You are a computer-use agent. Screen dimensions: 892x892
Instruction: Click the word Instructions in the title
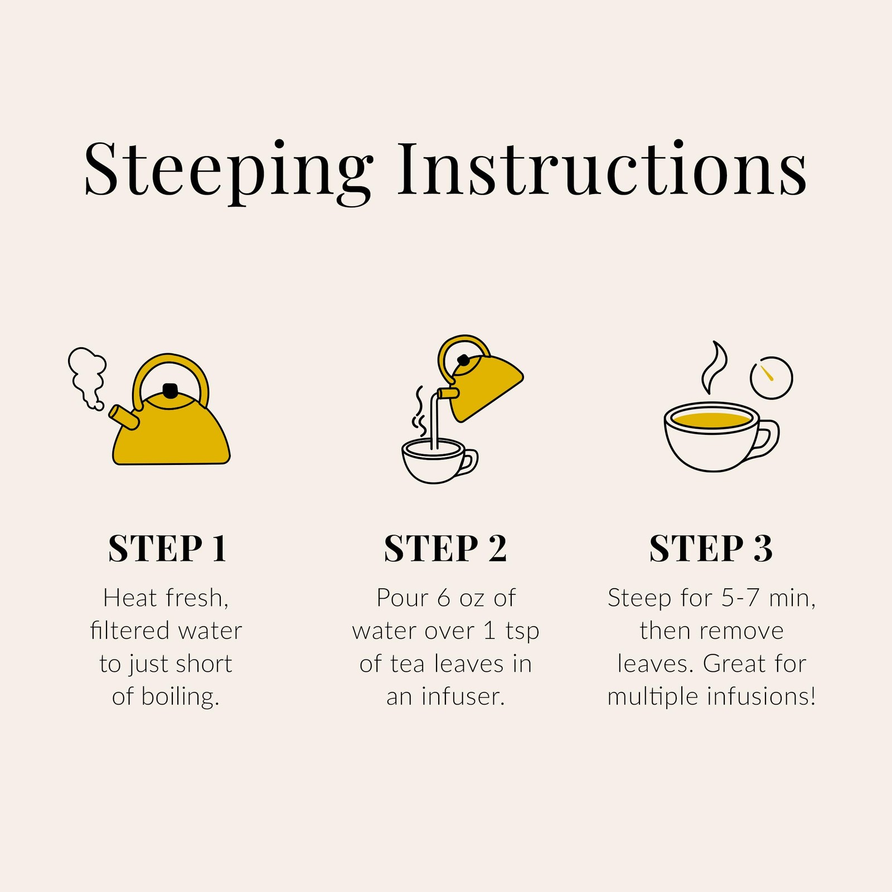(602, 167)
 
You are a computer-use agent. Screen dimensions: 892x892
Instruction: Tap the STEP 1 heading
(167, 549)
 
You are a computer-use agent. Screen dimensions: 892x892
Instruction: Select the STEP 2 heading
(445, 549)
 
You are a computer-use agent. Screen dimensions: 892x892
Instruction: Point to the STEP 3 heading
(711, 549)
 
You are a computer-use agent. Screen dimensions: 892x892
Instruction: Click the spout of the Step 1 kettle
(123, 417)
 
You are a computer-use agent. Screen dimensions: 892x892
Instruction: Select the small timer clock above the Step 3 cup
(772, 377)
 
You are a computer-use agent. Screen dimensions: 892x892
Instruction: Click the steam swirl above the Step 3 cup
(714, 366)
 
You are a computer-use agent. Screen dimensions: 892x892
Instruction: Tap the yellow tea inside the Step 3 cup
(711, 420)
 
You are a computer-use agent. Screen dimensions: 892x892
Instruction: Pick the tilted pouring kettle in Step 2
(479, 379)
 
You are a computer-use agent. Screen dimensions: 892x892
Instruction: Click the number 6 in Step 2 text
(444, 598)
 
